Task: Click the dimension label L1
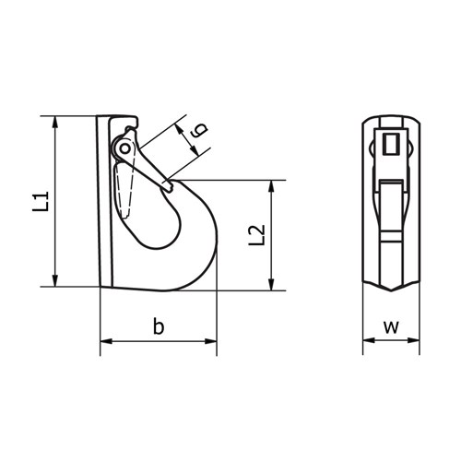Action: pyautogui.click(x=40, y=201)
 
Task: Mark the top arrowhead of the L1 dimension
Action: pyautogui.click(x=57, y=121)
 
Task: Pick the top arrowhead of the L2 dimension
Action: pyautogui.click(x=271, y=185)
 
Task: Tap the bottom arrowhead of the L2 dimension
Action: pyautogui.click(x=271, y=283)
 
